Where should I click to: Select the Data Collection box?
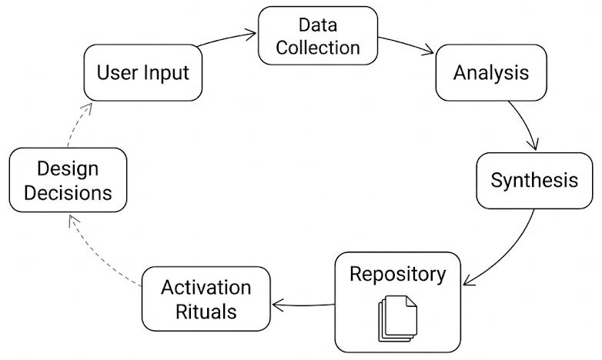tap(318, 36)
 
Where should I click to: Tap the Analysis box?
tap(491, 73)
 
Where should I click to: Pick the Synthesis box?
tap(534, 181)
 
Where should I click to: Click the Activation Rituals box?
tap(206, 299)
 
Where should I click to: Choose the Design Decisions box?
tap(68, 181)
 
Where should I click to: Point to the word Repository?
tap(397, 274)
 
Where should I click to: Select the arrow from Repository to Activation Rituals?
tap(304, 304)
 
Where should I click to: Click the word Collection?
tap(318, 47)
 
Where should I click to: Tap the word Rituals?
tap(206, 312)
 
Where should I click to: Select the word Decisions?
tap(68, 192)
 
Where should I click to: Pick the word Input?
tap(167, 74)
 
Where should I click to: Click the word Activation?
tap(206, 288)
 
